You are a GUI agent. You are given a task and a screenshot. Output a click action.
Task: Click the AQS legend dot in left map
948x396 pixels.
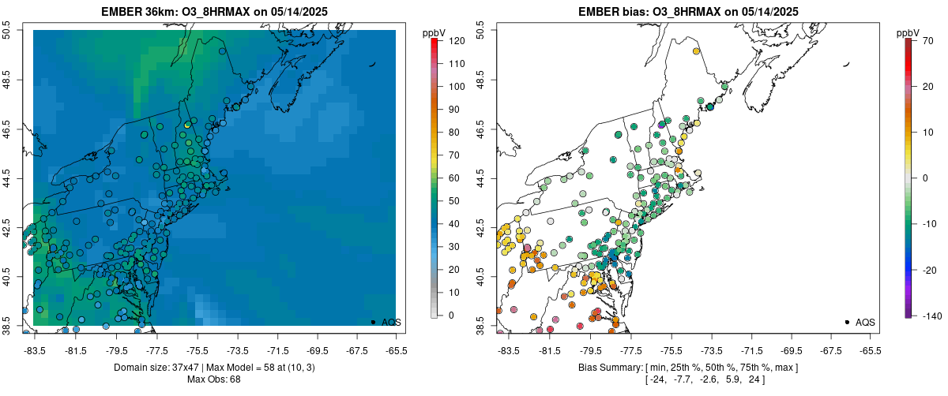coord(372,322)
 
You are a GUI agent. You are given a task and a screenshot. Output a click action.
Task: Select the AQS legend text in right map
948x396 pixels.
coord(865,322)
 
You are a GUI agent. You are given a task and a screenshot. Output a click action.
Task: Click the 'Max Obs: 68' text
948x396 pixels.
coord(214,379)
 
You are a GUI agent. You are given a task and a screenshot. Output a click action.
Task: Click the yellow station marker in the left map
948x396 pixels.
coord(187,125)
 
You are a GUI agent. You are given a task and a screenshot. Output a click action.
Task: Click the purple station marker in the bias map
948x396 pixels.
coord(661,125)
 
